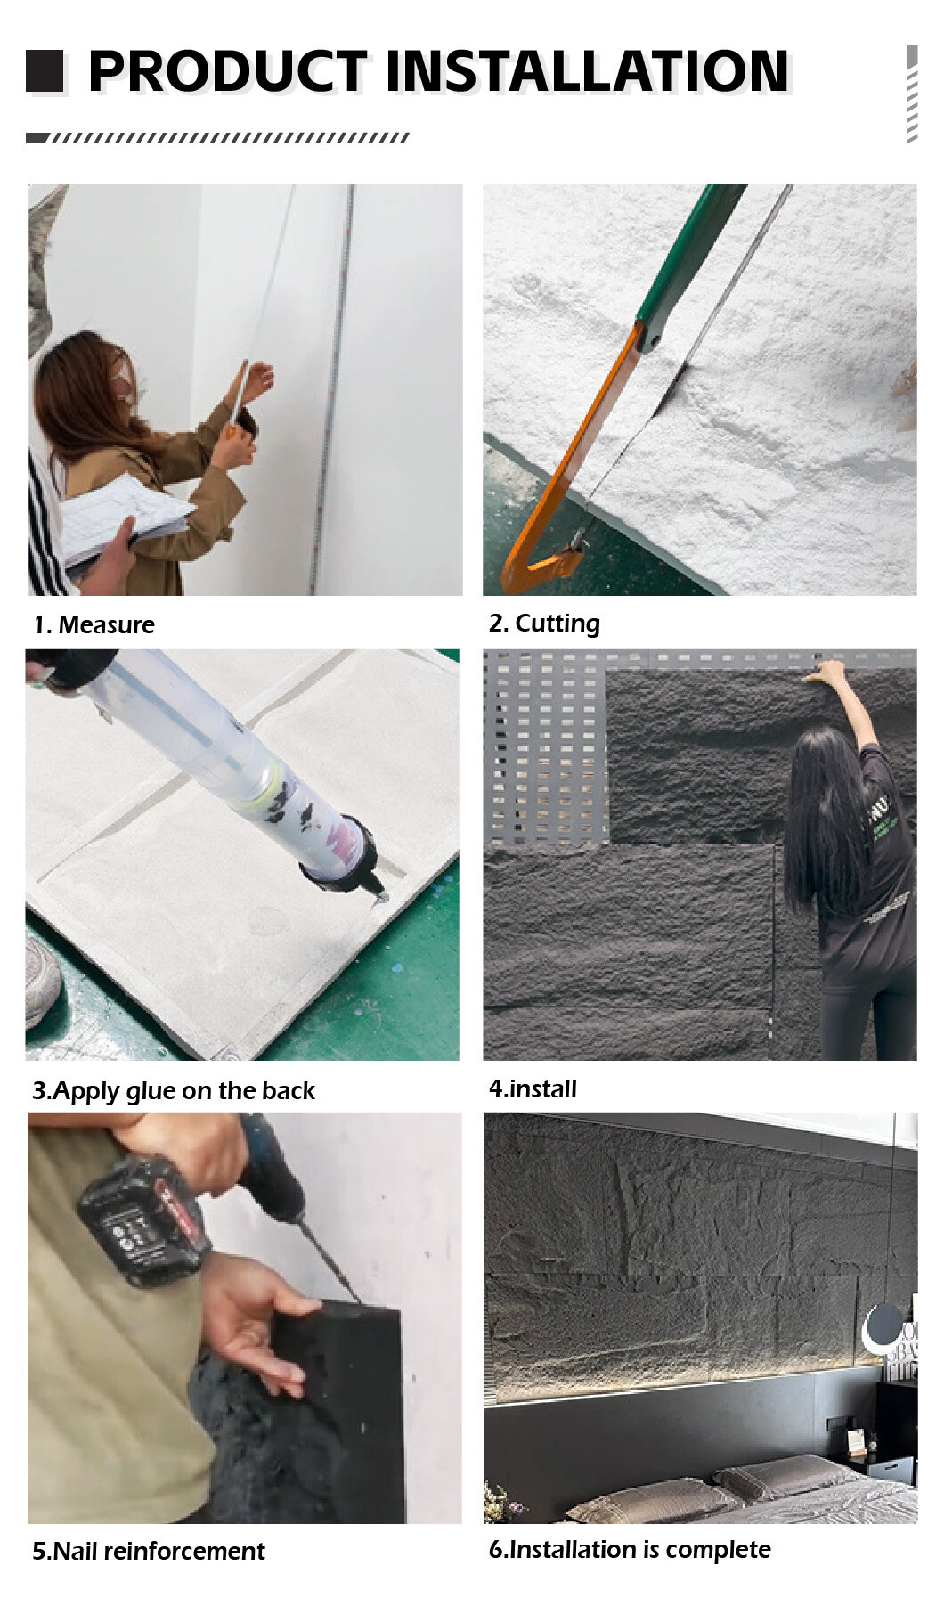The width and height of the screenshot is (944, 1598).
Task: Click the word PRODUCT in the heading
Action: pos(227,71)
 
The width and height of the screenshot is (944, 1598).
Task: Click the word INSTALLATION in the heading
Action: pos(587,71)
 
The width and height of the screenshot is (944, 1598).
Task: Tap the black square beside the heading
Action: pos(45,71)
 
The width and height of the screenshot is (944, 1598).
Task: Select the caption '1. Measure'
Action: pos(94,625)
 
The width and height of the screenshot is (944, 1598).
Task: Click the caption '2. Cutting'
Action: pos(544,624)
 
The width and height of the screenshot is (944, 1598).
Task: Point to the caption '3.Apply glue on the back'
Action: pos(174,1091)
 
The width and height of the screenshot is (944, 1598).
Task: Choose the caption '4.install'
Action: pos(533,1088)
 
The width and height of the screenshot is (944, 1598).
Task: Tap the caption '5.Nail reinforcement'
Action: pos(149,1551)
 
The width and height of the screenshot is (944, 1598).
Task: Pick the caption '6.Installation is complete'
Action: pos(630,1550)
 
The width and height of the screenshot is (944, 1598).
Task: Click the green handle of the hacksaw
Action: pos(689,262)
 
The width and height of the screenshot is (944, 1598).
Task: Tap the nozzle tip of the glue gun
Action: pos(382,895)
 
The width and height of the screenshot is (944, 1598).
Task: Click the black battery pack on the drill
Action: pos(142,1219)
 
